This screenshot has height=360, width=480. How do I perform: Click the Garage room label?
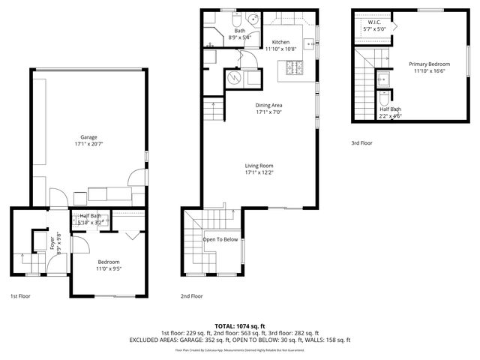click(89, 136)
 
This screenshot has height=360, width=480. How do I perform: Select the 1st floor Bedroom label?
click(109, 262)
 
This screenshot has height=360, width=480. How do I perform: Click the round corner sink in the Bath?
click(253, 19)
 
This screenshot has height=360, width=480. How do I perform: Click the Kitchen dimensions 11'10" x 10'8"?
click(280, 49)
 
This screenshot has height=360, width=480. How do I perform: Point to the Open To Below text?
click(220, 239)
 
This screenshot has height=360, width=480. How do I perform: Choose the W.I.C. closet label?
click(372, 23)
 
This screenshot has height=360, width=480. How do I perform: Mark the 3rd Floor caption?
click(361, 142)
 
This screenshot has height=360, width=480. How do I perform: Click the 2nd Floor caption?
click(192, 296)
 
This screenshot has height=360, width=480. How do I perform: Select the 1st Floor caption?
click(21, 296)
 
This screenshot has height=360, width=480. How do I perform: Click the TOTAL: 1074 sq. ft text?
click(240, 326)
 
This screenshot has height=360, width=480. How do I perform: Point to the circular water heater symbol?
click(233, 77)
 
